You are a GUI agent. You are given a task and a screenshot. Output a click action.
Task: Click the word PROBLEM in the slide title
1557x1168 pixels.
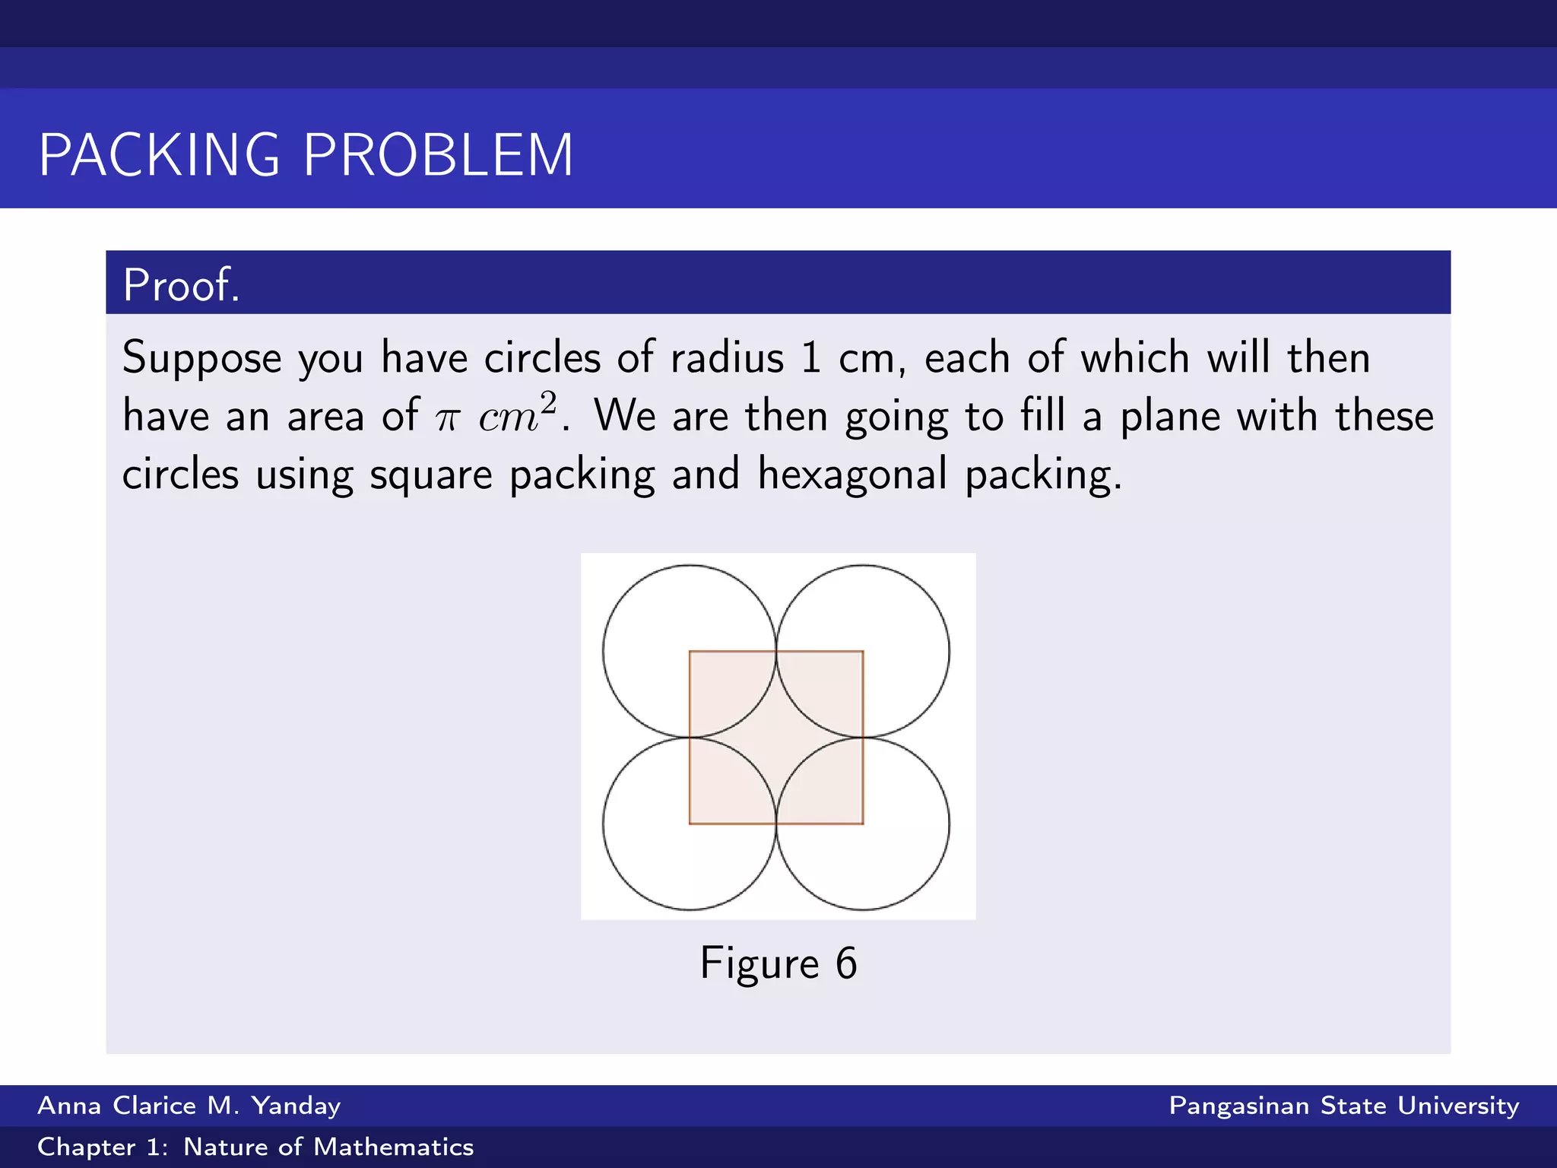(x=438, y=155)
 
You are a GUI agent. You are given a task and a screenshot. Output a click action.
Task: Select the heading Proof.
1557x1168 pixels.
(x=181, y=285)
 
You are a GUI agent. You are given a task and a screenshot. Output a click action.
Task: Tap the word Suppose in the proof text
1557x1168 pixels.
(x=201, y=358)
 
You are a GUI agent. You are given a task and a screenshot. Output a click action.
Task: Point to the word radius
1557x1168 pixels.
(x=727, y=357)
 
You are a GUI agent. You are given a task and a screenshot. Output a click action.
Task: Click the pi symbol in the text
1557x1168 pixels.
(x=447, y=418)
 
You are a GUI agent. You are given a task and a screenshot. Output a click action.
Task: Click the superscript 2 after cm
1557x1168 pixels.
(x=549, y=402)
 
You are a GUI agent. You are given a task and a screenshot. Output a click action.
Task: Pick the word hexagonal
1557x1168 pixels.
(x=852, y=475)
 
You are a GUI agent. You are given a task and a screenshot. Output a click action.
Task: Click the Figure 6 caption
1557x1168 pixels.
(x=778, y=963)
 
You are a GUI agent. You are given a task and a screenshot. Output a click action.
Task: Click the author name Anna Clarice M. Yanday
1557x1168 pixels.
(x=189, y=1106)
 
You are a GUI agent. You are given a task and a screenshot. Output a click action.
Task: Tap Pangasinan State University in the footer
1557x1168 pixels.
(x=1343, y=1106)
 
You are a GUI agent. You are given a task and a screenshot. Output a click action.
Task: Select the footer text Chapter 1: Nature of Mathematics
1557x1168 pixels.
(x=255, y=1147)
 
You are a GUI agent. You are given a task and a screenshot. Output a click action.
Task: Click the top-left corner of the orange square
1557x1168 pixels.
(x=690, y=652)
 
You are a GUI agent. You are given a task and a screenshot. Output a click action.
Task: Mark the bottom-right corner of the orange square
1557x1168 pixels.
(x=863, y=824)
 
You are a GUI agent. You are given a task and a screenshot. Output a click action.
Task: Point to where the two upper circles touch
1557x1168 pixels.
(x=776, y=652)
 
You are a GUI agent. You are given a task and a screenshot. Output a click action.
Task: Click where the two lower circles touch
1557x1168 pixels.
(x=776, y=824)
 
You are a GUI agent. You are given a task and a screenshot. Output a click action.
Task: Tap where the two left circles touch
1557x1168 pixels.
(x=690, y=738)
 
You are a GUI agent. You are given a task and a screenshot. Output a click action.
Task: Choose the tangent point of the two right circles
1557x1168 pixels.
(x=863, y=738)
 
